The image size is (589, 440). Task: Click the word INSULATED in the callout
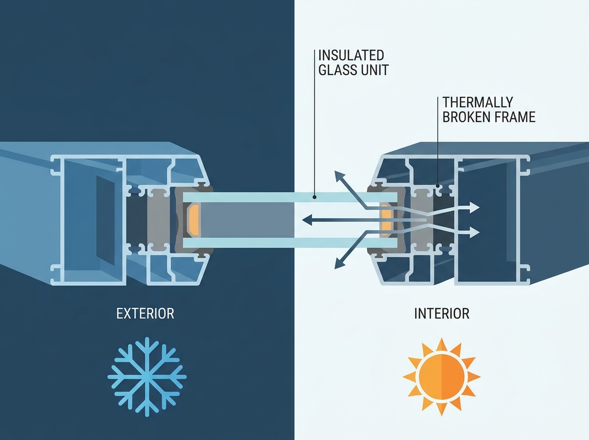click(x=351, y=55)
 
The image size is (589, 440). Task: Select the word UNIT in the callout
click(x=375, y=70)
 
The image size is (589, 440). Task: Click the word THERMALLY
click(x=478, y=102)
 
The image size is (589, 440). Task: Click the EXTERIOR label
click(x=145, y=314)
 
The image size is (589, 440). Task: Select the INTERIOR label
click(x=442, y=314)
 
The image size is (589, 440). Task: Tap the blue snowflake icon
click(x=147, y=377)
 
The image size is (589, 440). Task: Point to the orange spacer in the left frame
click(x=193, y=220)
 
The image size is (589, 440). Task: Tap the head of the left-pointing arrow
click(x=307, y=220)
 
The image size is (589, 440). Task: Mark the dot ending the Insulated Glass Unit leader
click(x=315, y=197)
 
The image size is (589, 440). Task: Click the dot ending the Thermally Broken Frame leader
click(x=438, y=186)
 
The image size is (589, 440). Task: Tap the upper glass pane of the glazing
click(x=290, y=197)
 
